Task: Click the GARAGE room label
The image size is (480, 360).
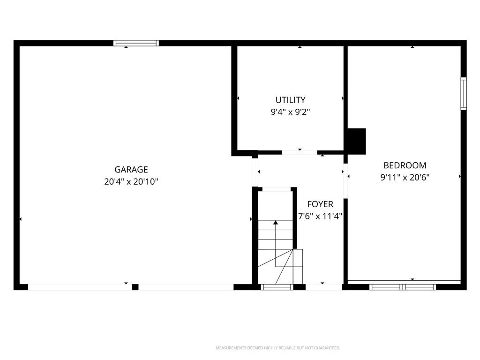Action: (x=131, y=169)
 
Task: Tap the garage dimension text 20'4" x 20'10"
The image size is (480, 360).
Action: (x=131, y=181)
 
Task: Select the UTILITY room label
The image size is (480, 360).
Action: (x=290, y=100)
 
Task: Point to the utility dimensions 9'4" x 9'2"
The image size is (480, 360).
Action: (x=290, y=112)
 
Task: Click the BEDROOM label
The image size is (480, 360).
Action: (x=405, y=165)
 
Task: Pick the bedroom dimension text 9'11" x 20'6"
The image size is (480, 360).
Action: (x=405, y=178)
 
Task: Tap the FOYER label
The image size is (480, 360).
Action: (x=320, y=204)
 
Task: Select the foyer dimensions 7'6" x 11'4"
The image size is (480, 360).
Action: (x=320, y=217)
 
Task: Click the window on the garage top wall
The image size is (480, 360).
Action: (x=136, y=43)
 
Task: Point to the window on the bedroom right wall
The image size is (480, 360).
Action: (x=464, y=94)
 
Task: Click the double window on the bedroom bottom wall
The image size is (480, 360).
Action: (x=402, y=287)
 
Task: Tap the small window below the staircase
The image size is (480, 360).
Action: (x=277, y=287)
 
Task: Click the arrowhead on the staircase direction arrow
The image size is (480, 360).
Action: (x=276, y=223)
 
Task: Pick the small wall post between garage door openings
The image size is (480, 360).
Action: (x=135, y=287)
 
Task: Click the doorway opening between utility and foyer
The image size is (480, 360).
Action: (x=300, y=152)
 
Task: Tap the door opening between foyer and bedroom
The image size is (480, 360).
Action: (x=345, y=181)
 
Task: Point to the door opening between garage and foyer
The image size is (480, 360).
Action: (x=255, y=172)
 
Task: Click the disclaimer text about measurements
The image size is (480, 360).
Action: (x=278, y=348)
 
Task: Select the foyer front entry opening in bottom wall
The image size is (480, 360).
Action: (x=324, y=287)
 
